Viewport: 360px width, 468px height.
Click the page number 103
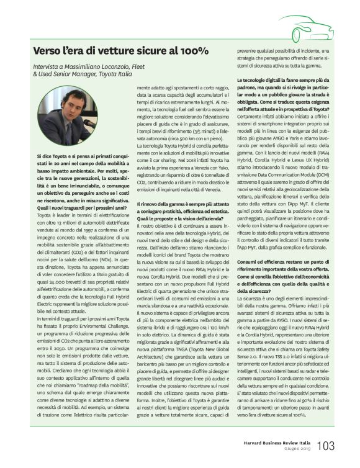[x=326, y=446]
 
